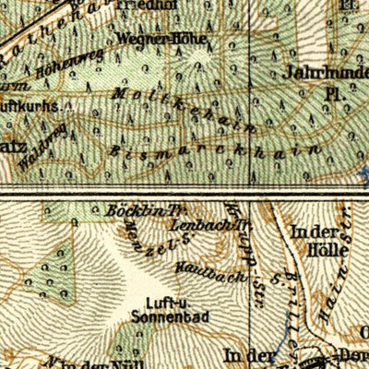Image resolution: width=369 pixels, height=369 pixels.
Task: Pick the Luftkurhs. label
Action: pyautogui.click(x=30, y=106)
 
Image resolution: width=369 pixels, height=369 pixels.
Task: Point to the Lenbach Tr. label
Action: pyautogui.click(x=216, y=223)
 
